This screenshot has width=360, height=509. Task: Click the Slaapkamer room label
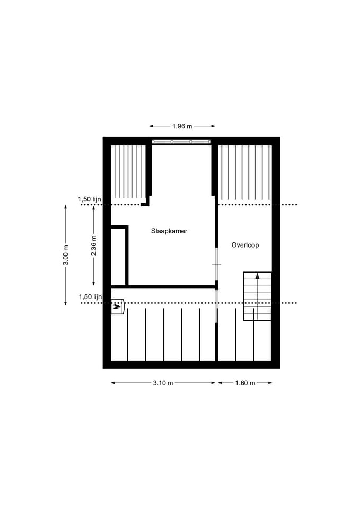tap(169, 231)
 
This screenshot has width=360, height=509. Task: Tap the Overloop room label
tap(245, 245)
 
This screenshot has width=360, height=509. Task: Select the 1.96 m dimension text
tap(182, 126)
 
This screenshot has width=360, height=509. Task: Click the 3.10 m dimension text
tap(163, 383)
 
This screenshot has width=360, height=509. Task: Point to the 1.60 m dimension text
tap(245, 383)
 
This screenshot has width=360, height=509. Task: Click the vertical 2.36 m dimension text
tap(94, 245)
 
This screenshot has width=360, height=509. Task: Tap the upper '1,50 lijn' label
tap(90, 199)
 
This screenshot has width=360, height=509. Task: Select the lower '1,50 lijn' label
tap(90, 297)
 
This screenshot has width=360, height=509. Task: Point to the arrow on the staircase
tap(257, 276)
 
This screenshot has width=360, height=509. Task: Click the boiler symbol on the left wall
tap(117, 306)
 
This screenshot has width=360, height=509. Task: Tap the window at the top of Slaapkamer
tap(181, 142)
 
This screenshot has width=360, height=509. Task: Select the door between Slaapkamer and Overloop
tap(216, 264)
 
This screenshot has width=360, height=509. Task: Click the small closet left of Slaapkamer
tap(118, 257)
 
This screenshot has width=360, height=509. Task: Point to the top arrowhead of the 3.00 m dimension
tap(66, 207)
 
